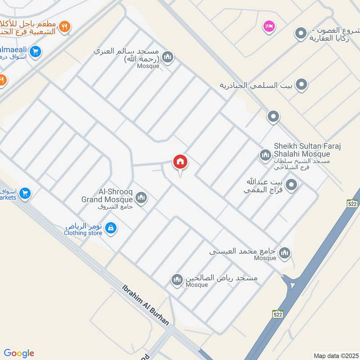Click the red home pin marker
point(180,162)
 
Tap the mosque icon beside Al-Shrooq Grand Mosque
point(141,198)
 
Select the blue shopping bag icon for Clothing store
point(111,229)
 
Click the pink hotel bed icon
point(269,27)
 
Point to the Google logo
point(18,353)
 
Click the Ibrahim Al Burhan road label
point(146,305)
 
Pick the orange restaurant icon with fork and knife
point(65,27)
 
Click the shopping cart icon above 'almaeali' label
point(36,51)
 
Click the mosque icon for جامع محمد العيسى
point(284,254)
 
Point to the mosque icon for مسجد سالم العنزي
point(167,57)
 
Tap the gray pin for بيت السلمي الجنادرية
point(301,84)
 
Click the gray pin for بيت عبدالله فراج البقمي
point(292,184)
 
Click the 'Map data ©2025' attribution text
point(335,355)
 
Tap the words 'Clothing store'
point(83,233)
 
